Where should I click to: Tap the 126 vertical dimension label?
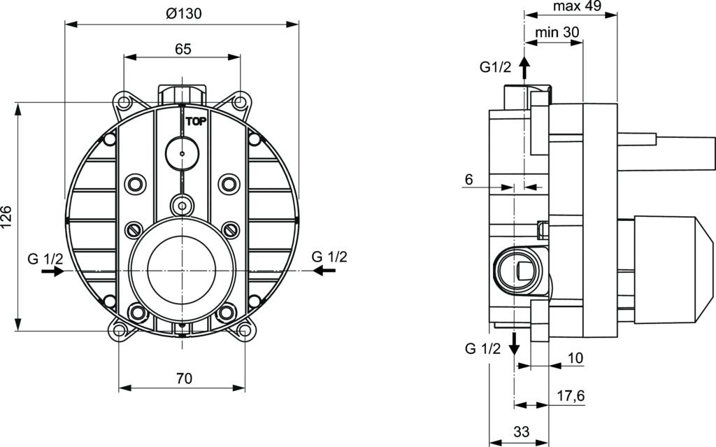pos(7,218)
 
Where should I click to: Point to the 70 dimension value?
pos(183,378)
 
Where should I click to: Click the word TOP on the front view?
pos(196,120)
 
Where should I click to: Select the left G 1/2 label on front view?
pos(45,258)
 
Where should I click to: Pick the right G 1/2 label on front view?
pos(329,256)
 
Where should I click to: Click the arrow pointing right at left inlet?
pos(52,271)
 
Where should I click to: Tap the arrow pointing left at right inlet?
pos(322,270)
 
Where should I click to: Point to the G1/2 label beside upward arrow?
pos(495,67)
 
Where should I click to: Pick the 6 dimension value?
pos(468,180)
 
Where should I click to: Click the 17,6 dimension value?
pos(571,396)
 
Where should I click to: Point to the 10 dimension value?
pos(575,358)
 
